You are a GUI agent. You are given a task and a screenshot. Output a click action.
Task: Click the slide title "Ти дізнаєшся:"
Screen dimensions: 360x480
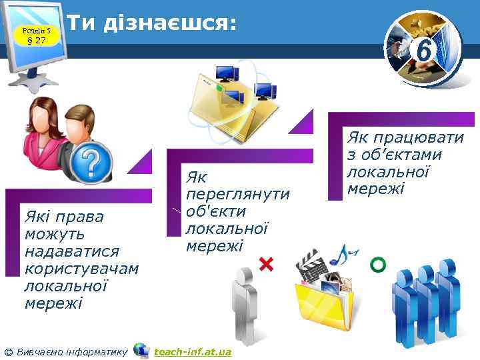coord(152,23)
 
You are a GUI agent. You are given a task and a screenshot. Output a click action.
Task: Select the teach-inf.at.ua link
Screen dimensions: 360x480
coord(192,351)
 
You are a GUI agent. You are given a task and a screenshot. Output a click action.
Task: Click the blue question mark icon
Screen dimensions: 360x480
coord(93,161)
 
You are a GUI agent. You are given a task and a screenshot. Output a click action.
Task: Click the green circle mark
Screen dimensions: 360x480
coord(377,265)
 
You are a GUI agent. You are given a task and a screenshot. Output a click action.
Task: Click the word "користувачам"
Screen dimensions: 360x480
coord(81,269)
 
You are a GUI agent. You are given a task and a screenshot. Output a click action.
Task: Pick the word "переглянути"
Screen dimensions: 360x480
coord(238,194)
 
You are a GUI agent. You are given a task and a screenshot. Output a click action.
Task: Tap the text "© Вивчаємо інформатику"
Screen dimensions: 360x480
coord(65,351)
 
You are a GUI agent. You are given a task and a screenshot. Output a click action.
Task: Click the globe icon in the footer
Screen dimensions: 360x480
coord(141,350)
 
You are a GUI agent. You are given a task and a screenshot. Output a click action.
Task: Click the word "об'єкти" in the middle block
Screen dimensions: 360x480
coord(217,211)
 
